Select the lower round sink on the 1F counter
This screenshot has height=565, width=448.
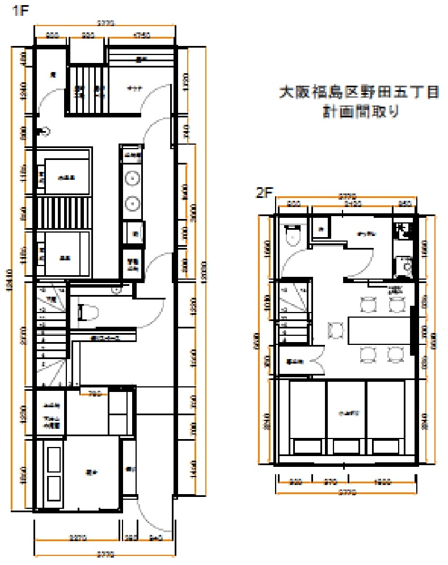tap(132, 202)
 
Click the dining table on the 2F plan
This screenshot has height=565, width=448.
tap(379, 330)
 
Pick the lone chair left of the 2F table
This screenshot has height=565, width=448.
tap(336, 330)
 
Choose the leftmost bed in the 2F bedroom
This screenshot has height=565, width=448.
tap(307, 417)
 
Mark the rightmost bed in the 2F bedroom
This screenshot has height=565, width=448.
tap(386, 417)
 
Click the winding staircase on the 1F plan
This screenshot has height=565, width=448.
tap(51, 335)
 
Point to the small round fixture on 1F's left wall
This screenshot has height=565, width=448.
tap(44, 132)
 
